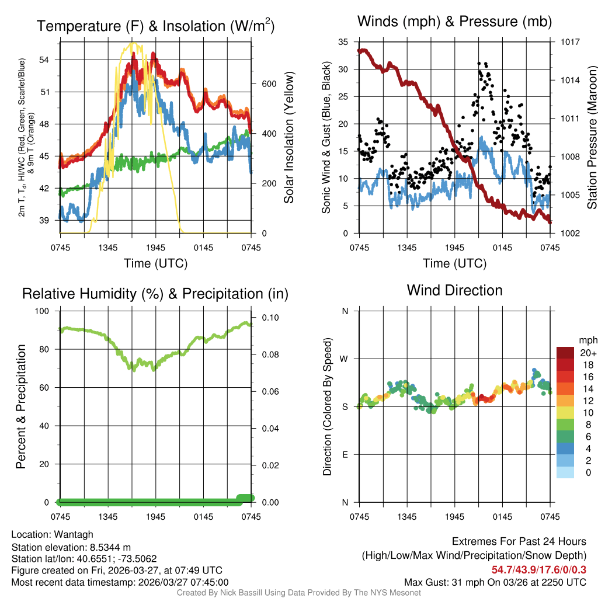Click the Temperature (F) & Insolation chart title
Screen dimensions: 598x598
pos(155,26)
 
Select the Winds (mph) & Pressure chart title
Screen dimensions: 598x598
pos(454,22)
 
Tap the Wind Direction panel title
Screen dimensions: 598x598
pos(454,290)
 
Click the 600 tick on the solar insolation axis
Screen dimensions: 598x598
pos(260,84)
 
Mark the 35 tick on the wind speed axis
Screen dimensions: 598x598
pos(343,42)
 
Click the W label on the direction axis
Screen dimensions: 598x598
pos(345,359)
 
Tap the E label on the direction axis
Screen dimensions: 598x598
pos(345,454)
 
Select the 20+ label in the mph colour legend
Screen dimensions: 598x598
pos(588,353)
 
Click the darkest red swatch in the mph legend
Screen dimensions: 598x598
pos(565,353)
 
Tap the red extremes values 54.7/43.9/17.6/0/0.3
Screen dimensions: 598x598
pos(539,569)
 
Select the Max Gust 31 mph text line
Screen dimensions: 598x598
pos(495,582)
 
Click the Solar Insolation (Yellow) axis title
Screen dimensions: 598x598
pos(288,138)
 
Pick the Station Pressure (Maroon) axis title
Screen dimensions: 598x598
pos(591,138)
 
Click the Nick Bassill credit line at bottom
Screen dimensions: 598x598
pos(299,593)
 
